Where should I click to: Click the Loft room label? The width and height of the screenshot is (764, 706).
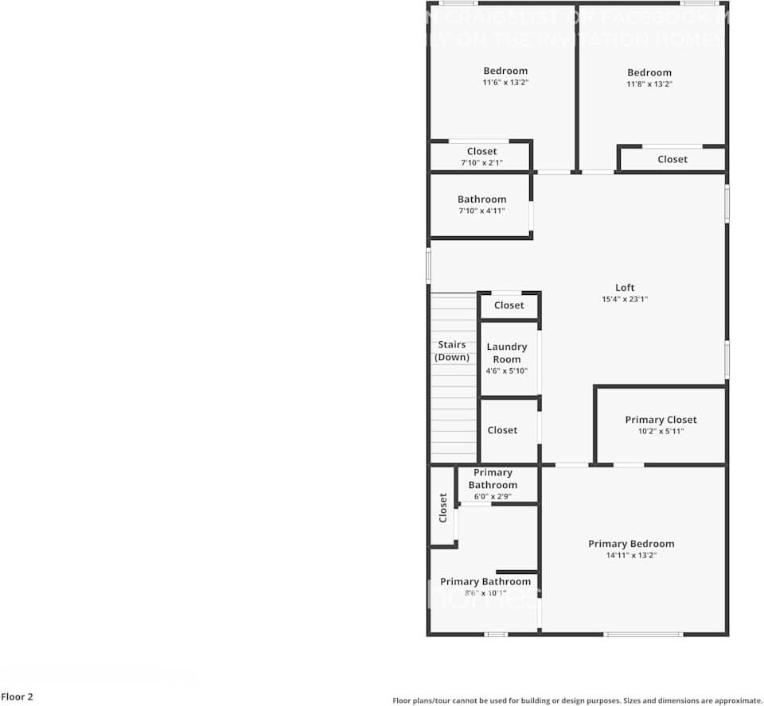coord(625,288)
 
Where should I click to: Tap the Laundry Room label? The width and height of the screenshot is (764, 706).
coord(507,353)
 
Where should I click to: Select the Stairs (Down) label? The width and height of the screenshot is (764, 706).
coord(452,351)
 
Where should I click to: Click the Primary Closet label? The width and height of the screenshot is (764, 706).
coord(661,420)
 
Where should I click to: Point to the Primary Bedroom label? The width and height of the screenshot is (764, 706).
coord(631,544)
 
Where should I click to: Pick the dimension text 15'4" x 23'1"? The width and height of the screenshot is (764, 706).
coord(625,300)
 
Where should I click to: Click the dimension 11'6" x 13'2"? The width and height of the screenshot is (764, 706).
coord(505,82)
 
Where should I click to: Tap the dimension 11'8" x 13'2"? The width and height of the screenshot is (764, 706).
coord(649,83)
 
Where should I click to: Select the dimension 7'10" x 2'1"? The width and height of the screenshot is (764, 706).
coord(481,163)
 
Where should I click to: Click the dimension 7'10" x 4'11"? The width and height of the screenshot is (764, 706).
coord(481,211)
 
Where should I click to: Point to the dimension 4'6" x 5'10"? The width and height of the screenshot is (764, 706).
coord(507,370)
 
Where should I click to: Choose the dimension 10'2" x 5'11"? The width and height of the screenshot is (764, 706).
coord(661,432)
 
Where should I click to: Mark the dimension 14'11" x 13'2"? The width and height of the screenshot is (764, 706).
coord(631,556)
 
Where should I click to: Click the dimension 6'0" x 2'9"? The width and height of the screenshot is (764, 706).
coord(493,496)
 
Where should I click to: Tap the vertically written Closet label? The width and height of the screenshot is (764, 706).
coord(443,508)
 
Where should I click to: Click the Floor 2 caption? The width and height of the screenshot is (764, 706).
coord(17,697)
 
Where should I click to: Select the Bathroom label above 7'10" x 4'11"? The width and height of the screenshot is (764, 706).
coord(481,200)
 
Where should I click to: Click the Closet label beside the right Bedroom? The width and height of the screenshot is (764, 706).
coord(672,159)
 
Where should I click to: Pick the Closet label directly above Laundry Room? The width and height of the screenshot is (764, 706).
coord(509,305)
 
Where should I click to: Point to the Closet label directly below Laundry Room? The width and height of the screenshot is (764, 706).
coord(502,430)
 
